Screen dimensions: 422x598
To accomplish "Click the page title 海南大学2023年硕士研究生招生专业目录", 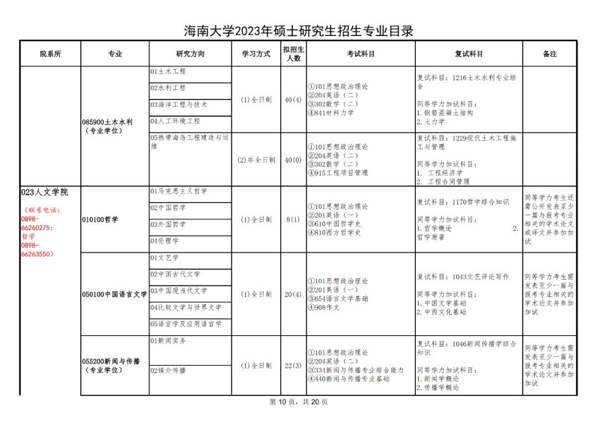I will point(298,31).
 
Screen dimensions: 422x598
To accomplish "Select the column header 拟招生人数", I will point(293,54).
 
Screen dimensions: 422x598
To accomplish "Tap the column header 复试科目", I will point(468,54).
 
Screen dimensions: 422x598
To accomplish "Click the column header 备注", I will point(549,54).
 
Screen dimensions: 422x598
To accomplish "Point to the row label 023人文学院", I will point(44,192).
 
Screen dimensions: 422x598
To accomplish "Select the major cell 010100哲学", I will point(100,220).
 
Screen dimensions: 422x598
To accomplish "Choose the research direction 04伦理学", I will point(164,241).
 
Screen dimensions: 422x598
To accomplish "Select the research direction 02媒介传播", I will point(168,371).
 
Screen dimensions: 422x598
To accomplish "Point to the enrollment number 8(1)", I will point(292,220).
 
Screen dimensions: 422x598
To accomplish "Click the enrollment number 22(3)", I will point(293,366).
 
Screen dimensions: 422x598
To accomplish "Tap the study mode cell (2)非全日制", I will point(256,160).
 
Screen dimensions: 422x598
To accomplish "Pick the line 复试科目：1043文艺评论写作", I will point(463,277).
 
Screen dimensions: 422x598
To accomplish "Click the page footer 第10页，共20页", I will point(298,402).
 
